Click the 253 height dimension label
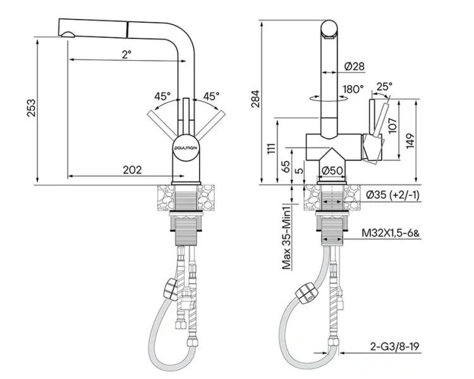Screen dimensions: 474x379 [x=32, y=107]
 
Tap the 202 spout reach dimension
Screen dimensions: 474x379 [x=132, y=170]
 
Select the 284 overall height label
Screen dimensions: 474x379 [x=255, y=99]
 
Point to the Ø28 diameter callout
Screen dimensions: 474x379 [x=355, y=66]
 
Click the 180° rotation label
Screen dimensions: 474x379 [x=353, y=89]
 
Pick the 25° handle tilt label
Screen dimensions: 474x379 [x=384, y=87]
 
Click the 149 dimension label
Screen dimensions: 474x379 [x=410, y=140]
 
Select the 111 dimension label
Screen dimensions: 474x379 [x=272, y=148]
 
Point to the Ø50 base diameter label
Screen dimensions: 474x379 [x=332, y=171]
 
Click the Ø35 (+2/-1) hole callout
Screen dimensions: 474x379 [x=392, y=195]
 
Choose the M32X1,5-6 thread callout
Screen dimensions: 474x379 [x=391, y=233]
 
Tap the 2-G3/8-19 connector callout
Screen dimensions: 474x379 [x=395, y=346]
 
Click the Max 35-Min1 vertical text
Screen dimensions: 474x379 [x=286, y=237]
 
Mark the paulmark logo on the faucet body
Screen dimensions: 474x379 [x=186, y=148]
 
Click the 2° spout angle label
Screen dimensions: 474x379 [x=127, y=54]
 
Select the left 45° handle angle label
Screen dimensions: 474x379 [x=162, y=97]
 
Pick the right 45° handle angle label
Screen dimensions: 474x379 [x=211, y=96]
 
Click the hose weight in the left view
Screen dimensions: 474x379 [x=170, y=289]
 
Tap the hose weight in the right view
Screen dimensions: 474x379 [x=307, y=293]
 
